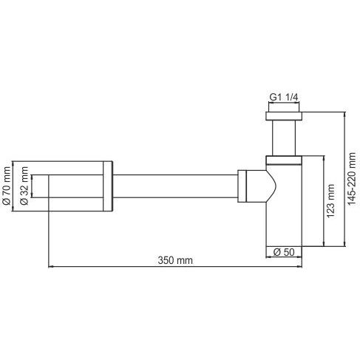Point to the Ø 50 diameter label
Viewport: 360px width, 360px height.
(x=284, y=252)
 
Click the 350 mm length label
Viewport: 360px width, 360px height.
(x=175, y=260)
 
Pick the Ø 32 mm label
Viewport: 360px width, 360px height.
(x=24, y=189)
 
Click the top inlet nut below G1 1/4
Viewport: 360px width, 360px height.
(x=284, y=117)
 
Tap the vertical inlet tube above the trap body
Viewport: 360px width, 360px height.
(x=284, y=139)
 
